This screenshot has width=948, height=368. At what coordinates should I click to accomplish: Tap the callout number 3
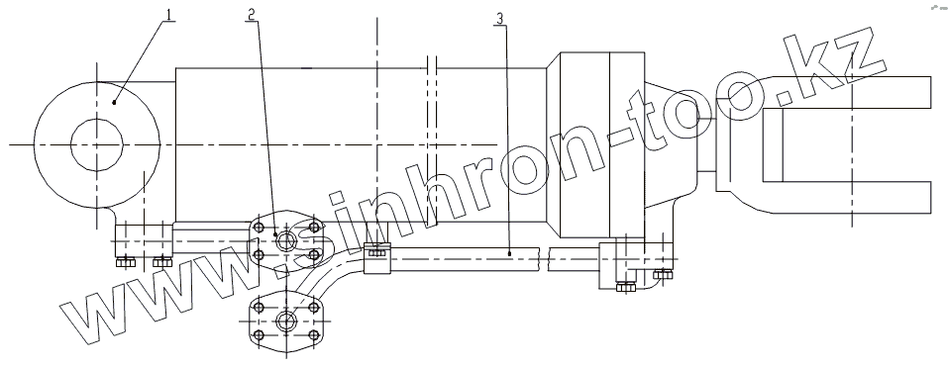pos(499,19)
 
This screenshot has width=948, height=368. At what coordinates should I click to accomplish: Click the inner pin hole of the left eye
pos(97,144)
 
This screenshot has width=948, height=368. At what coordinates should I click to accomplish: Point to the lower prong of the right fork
pos(846,197)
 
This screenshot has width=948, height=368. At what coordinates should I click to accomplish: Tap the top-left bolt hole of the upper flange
pos(260,227)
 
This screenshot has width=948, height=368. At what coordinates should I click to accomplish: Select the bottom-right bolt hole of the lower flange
pos(313,334)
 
